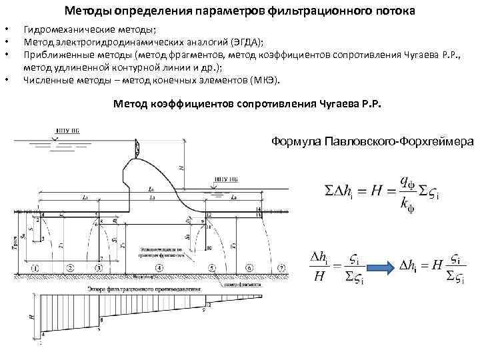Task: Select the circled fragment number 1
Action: tap(34, 268)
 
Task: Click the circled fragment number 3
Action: tap(98, 268)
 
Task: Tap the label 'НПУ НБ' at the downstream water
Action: tap(225, 179)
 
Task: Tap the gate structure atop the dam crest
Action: tap(136, 148)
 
